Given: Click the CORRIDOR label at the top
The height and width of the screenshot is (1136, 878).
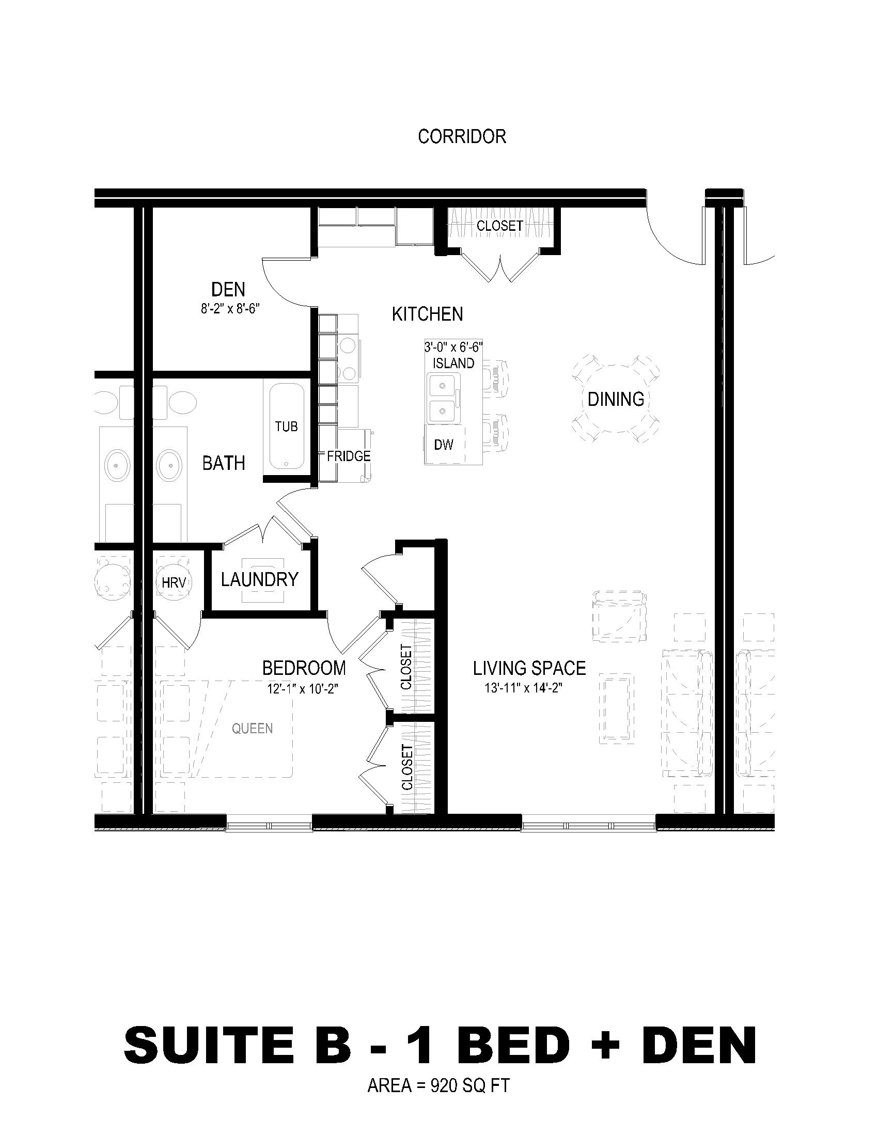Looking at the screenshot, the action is point(462,136).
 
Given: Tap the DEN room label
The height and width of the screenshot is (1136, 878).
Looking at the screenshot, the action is point(228,289).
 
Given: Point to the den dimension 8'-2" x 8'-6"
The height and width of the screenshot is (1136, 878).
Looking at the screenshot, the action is point(230,309).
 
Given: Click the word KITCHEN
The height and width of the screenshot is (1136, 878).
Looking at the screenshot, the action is point(427,314).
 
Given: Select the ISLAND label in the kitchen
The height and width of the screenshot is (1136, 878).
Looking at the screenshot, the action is point(453,363).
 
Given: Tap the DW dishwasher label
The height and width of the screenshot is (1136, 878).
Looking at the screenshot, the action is point(444,444).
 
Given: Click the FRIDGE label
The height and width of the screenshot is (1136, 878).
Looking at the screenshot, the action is point(349,456).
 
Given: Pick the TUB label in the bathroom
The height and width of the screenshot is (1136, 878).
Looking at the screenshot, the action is point(287,427).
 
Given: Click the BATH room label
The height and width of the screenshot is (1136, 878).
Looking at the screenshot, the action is point(224,463).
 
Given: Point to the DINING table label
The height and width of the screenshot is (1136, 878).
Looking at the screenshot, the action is point(616,399).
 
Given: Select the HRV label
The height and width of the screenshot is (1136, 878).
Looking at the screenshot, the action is point(174,583).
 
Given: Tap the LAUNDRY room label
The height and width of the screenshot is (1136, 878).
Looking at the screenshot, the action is point(260,579).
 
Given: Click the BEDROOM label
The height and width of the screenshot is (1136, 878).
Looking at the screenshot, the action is point(304,668).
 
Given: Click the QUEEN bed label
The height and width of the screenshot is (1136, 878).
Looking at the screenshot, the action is point(252,729).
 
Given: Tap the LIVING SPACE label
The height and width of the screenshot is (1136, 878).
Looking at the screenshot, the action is point(529,668).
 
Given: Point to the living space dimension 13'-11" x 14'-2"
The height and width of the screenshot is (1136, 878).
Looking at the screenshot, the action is point(524,688).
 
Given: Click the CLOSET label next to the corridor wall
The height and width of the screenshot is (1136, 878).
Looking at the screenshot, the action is point(500,226).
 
